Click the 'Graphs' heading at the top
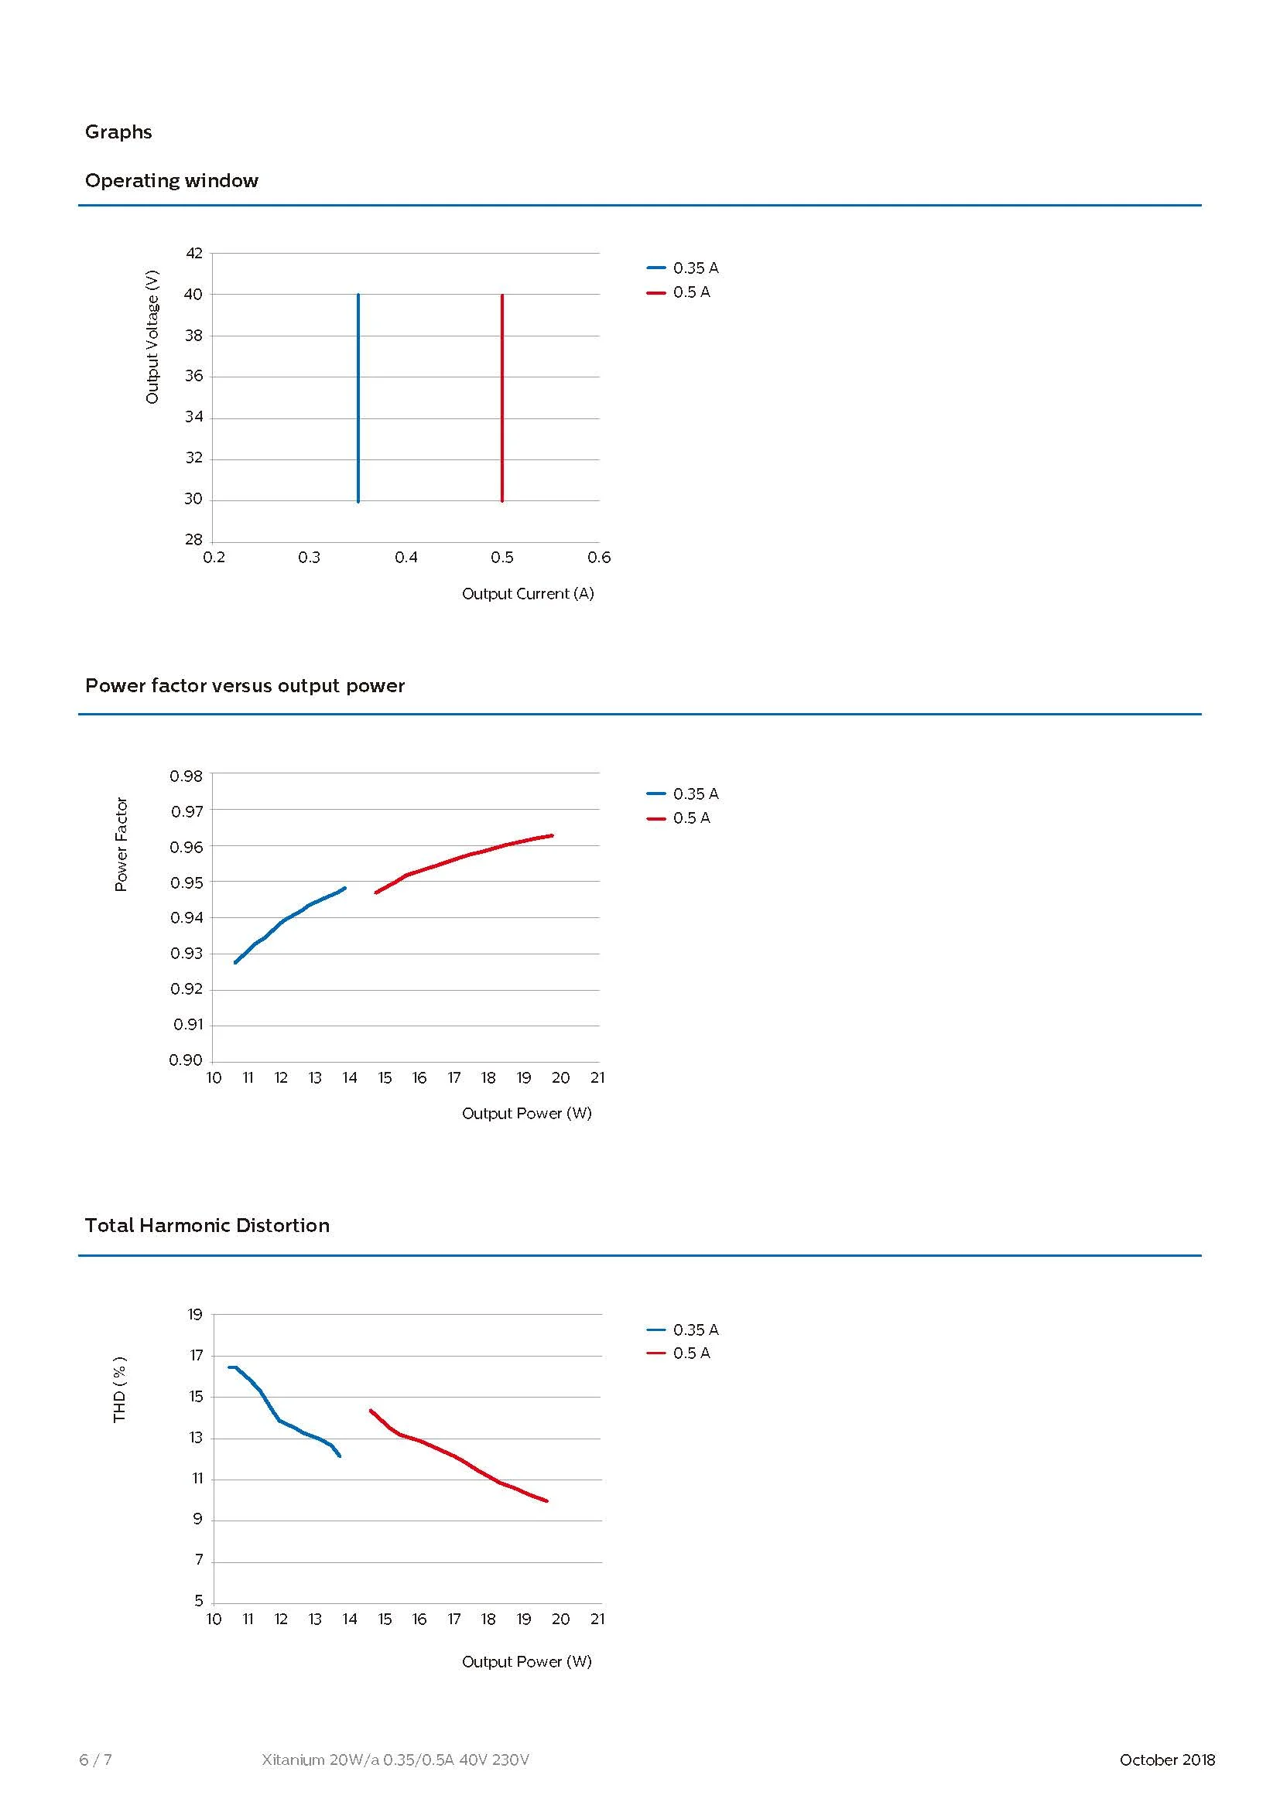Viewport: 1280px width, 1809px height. click(x=118, y=131)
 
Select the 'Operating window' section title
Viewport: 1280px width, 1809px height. click(x=171, y=180)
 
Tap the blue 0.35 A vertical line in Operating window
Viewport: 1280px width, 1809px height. click(x=358, y=398)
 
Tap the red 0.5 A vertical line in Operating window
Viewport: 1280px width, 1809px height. click(x=502, y=398)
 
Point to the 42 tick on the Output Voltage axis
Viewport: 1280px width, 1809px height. click(x=194, y=253)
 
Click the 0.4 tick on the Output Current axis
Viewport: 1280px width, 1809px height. click(x=406, y=558)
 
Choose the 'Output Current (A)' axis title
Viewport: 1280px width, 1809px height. click(x=527, y=593)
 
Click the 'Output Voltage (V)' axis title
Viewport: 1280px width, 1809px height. click(x=152, y=336)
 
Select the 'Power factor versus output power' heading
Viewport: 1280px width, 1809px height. click(x=245, y=685)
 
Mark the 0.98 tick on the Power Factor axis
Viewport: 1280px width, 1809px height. click(x=186, y=776)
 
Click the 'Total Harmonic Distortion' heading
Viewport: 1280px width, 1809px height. click(x=207, y=1225)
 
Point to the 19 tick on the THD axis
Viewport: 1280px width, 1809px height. click(x=196, y=1314)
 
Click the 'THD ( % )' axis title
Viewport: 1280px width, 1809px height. click(x=120, y=1389)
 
